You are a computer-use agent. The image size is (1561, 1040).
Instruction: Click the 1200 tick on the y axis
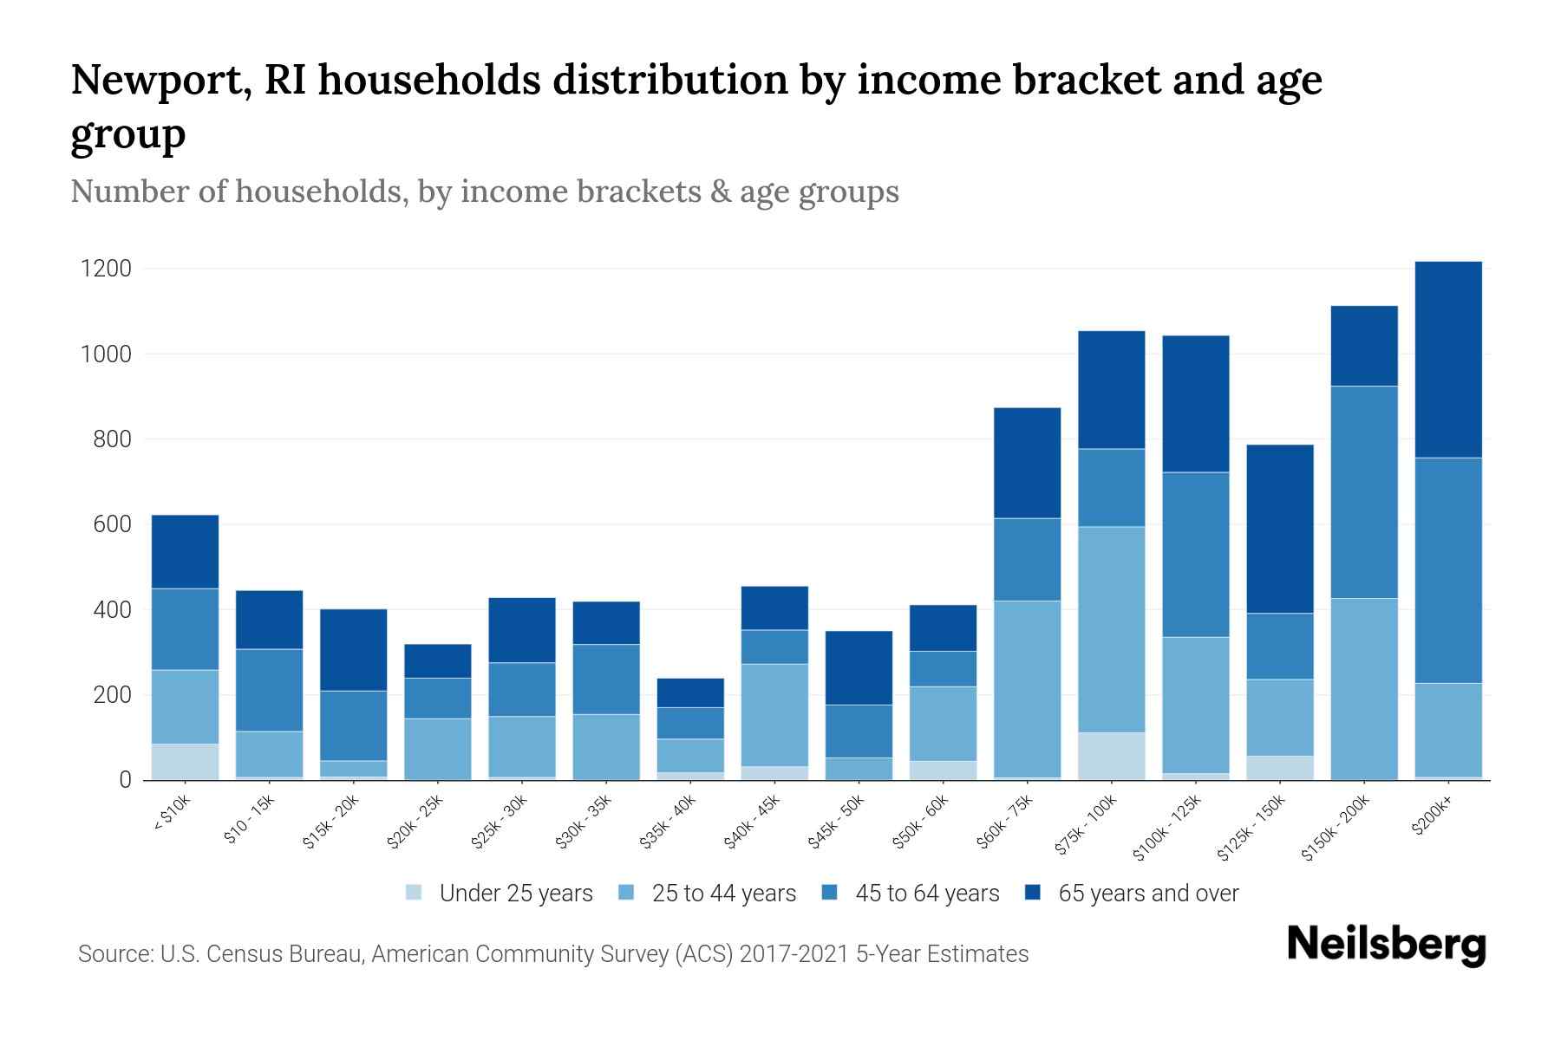106,269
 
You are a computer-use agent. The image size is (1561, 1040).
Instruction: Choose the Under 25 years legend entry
516,894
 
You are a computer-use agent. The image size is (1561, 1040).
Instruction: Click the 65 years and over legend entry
1148,894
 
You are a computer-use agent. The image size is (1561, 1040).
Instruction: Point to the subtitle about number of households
485,192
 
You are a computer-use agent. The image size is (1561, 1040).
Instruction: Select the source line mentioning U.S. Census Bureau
553,954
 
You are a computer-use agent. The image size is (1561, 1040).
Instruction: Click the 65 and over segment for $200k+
1448,359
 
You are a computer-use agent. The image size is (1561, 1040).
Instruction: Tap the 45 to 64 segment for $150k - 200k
1364,491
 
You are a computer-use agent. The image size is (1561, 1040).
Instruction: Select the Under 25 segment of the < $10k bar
185,762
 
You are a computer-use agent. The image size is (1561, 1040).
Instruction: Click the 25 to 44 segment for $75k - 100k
1111,629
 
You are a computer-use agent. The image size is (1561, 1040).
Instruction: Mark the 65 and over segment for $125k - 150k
1280,529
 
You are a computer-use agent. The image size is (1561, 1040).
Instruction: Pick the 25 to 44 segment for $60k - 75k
1027,688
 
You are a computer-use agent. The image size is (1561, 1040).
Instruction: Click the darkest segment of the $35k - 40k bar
690,692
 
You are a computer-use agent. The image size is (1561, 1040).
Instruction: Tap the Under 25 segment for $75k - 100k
1111,757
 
